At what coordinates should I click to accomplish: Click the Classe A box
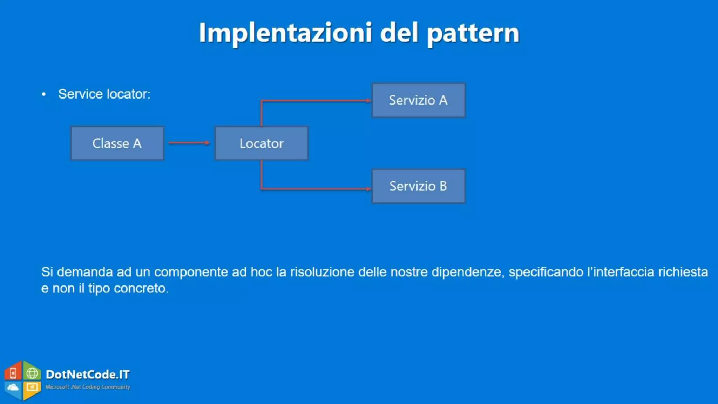click(117, 143)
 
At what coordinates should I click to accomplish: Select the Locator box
click(262, 143)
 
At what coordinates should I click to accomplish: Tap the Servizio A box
click(418, 100)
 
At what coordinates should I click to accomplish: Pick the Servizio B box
click(418, 186)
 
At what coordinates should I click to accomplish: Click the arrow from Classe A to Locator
click(189, 143)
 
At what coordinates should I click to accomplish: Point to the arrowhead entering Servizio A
click(368, 101)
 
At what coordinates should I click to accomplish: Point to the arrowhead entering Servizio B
click(368, 189)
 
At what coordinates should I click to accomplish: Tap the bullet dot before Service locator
click(44, 94)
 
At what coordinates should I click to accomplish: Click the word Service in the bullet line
click(80, 94)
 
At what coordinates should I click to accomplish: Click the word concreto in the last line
click(141, 288)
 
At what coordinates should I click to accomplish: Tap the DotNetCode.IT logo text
click(88, 375)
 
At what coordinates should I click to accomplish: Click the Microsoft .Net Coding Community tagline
click(88, 387)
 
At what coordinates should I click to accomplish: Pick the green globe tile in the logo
click(32, 373)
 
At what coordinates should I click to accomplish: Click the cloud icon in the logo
click(13, 388)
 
